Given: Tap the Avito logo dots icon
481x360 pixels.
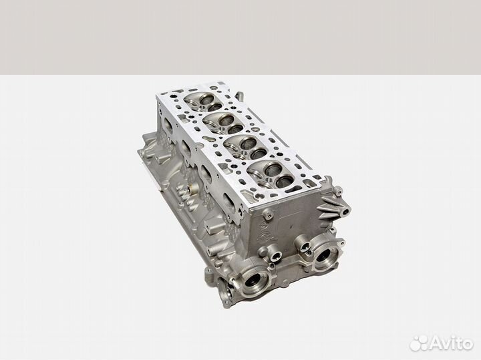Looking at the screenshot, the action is [419, 343].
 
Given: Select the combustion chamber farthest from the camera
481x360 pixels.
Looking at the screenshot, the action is [204, 102].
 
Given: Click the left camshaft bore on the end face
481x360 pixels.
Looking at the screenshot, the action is [254, 280].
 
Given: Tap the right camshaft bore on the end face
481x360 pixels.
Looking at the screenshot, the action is [325, 255].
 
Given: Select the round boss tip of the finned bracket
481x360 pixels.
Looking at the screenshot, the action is [347, 210].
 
